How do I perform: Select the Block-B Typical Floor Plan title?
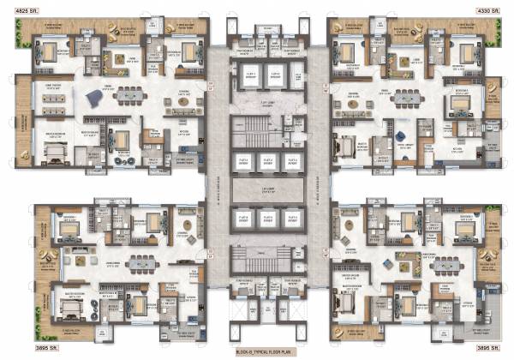(257, 352)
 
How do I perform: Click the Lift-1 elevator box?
(249, 74)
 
